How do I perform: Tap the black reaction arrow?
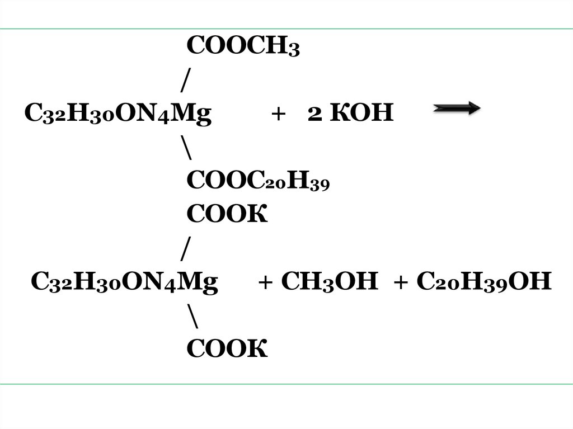[457, 111]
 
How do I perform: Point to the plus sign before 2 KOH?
[276, 115]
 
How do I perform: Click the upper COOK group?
[227, 215]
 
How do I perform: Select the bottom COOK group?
[227, 348]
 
